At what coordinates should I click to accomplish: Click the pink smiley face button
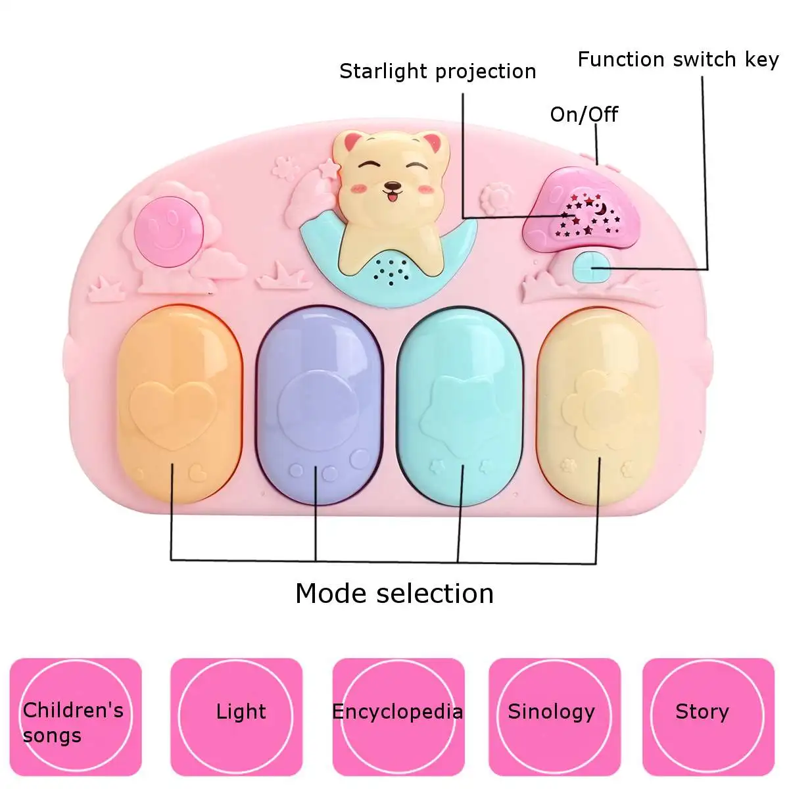pos(169,231)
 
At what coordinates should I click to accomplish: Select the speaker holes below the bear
pos(391,271)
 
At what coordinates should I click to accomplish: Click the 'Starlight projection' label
pos(437,72)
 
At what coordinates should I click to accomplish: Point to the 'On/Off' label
pos(583,114)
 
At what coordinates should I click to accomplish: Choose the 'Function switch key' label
pos(678,59)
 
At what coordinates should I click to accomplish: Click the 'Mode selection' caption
pos(394,593)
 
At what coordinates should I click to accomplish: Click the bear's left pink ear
pos(352,143)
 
